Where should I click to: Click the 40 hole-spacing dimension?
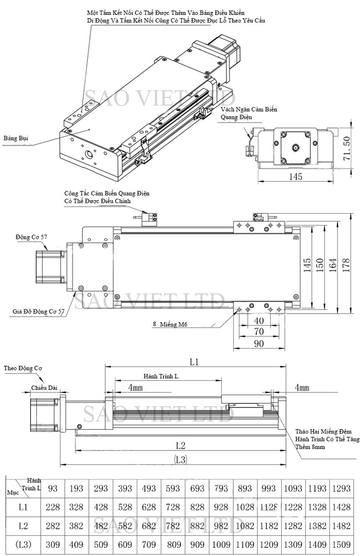click(x=258, y=321)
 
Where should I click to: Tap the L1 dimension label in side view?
click(x=194, y=362)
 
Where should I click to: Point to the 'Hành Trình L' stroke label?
click(x=163, y=375)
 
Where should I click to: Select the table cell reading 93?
click(x=53, y=488)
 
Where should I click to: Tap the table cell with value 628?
click(x=149, y=507)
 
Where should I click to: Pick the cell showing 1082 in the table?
click(x=246, y=526)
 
